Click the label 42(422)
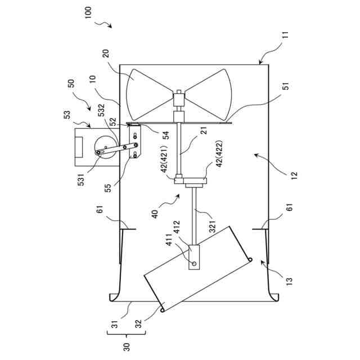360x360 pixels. [219, 154]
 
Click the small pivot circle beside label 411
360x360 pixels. [194, 263]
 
